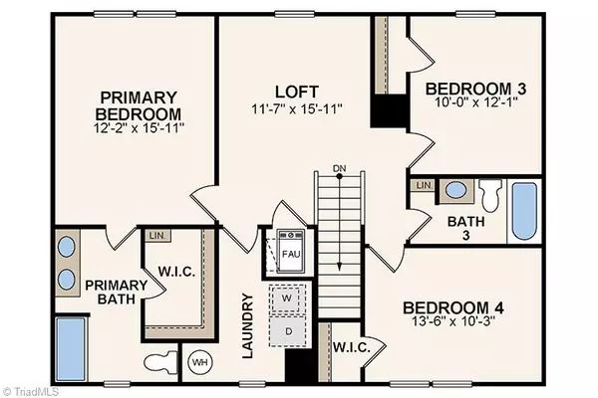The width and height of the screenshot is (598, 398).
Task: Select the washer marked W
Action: (x=287, y=298)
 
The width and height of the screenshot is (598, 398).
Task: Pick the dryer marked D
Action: (x=287, y=328)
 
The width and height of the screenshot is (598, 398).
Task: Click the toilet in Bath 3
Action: (x=489, y=191)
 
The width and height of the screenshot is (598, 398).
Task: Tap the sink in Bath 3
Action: (x=454, y=189)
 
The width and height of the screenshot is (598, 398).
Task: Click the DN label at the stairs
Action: (x=340, y=169)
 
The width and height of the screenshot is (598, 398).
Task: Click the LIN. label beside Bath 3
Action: (x=422, y=186)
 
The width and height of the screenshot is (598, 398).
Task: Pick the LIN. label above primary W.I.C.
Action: (x=156, y=236)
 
